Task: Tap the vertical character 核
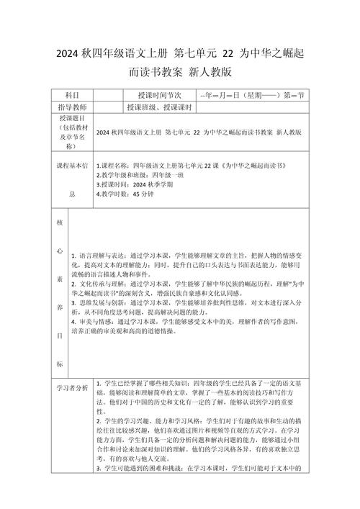60,222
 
